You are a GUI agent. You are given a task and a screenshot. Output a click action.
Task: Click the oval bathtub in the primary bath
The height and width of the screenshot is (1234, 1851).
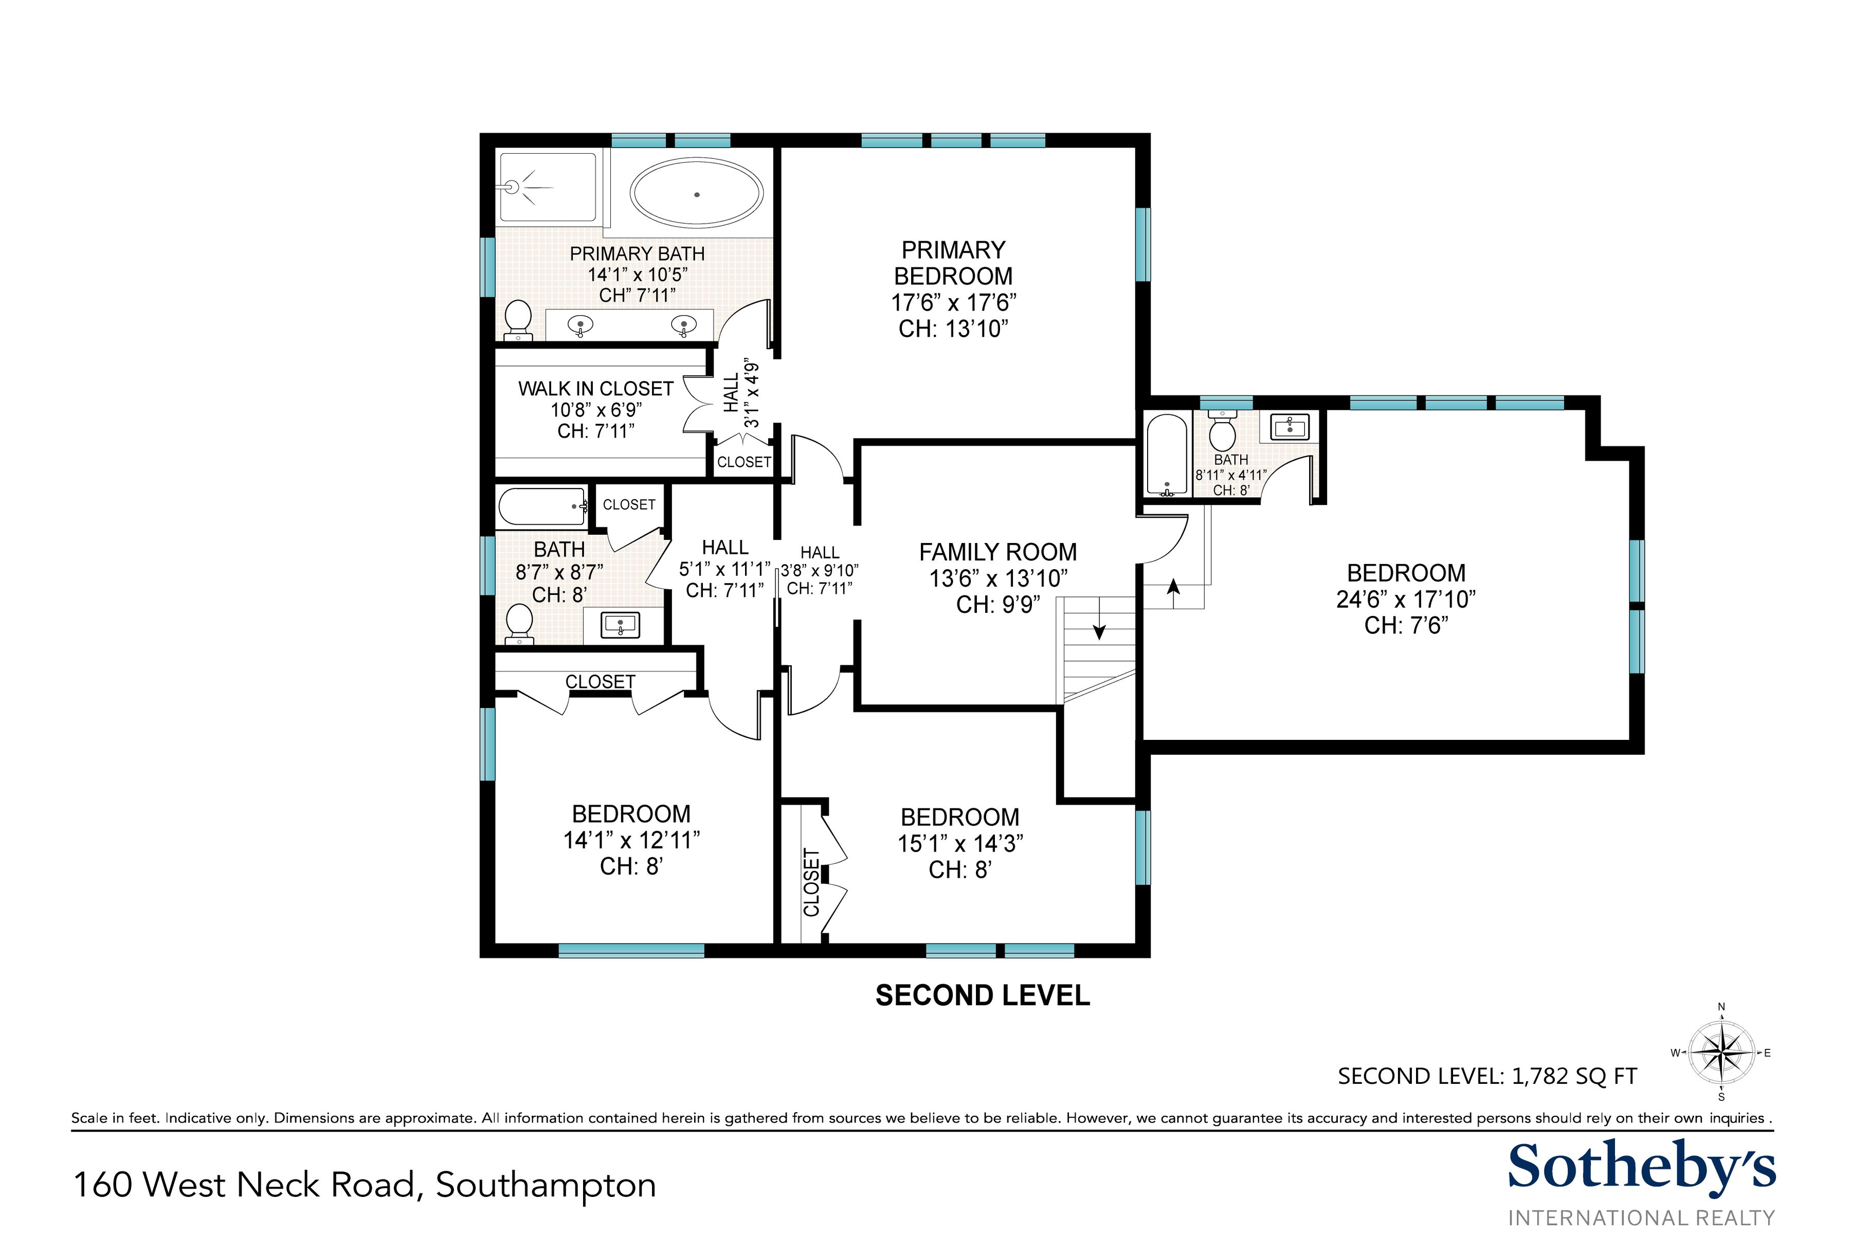coord(697,194)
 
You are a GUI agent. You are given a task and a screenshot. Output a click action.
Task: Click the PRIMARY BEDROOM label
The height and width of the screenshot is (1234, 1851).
coord(953,263)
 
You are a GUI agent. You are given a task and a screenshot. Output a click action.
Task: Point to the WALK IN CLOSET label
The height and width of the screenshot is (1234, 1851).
coord(596,389)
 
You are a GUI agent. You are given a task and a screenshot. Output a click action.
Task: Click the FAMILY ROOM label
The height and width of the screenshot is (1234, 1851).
coord(998,552)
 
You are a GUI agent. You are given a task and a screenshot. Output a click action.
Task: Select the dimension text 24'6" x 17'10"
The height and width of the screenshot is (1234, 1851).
coord(1406,600)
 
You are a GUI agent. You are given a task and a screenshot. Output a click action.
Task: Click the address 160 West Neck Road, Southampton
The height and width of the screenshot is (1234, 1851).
coord(365,1185)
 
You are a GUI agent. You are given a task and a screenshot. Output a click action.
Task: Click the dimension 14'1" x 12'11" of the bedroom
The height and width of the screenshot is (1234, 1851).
coord(631,841)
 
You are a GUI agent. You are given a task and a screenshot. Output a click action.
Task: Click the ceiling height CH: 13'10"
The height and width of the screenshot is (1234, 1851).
coord(953,329)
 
